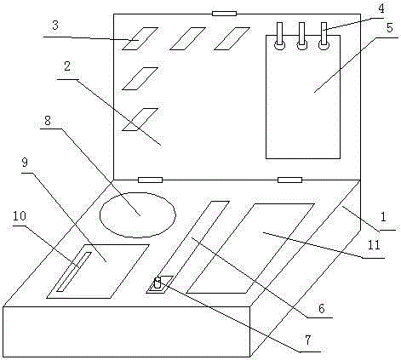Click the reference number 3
tap(55, 26)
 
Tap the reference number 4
tap(381, 9)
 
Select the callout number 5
tap(390, 28)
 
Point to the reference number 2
tap(67, 66)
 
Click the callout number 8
tap(48, 120)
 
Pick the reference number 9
tap(25, 163)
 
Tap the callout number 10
tap(20, 216)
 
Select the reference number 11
tap(374, 245)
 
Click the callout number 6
tap(321, 308)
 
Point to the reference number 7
tap(308, 340)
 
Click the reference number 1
tap(383, 217)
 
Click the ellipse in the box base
tap(138, 192)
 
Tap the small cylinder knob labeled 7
tap(158, 283)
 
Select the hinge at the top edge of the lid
tap(224, 14)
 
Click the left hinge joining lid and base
tap(150, 180)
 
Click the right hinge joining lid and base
tap(289, 180)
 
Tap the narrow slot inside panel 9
tap(74, 271)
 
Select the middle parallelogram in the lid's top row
tap(187, 38)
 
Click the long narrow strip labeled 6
tap(188, 247)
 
